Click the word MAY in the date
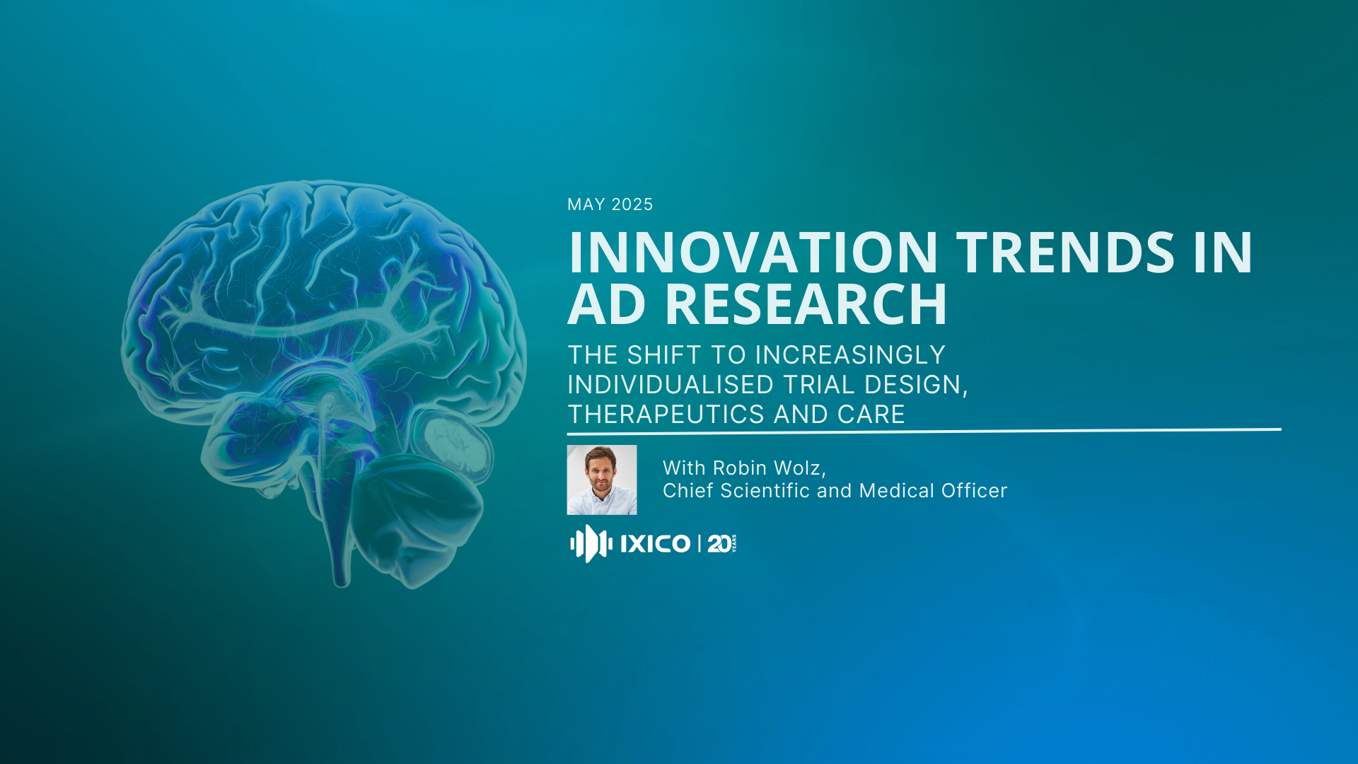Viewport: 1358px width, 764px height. [586, 204]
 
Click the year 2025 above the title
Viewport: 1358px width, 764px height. [632, 204]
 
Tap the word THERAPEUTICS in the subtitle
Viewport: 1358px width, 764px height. [666, 415]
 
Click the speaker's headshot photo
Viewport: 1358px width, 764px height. [602, 480]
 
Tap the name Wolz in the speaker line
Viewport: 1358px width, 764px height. [799, 468]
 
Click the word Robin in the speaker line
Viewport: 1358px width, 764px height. [740, 468]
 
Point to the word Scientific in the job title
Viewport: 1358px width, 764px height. [765, 491]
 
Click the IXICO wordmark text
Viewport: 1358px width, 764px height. [655, 543]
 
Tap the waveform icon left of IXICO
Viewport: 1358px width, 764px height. [591, 543]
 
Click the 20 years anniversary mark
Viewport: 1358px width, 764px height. [721, 543]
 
